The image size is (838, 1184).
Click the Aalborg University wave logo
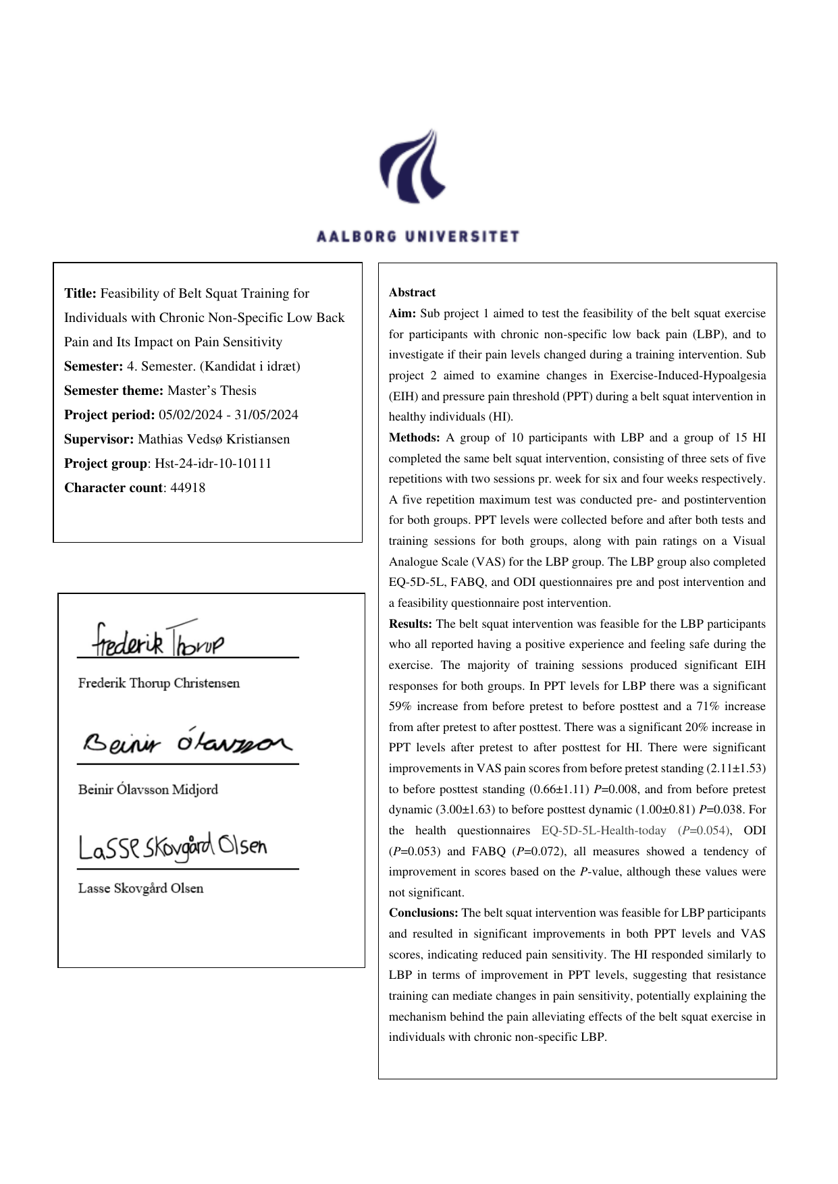(x=413, y=166)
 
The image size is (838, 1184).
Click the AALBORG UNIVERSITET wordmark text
(x=418, y=236)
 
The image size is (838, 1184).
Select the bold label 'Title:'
(x=80, y=294)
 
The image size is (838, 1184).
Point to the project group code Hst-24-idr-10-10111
(x=213, y=464)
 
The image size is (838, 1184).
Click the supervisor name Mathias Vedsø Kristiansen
(x=213, y=439)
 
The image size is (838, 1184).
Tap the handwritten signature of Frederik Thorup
(x=158, y=640)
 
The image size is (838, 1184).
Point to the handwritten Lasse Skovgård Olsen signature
(x=173, y=846)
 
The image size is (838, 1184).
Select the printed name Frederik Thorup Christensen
(x=159, y=683)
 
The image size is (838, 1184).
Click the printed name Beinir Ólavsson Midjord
(x=148, y=790)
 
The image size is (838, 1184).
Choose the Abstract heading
(x=412, y=293)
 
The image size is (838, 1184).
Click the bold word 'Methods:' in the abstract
(x=414, y=438)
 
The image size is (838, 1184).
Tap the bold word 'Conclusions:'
(x=423, y=913)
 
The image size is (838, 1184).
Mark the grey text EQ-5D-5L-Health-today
(x=604, y=831)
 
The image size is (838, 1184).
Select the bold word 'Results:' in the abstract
(x=410, y=624)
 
